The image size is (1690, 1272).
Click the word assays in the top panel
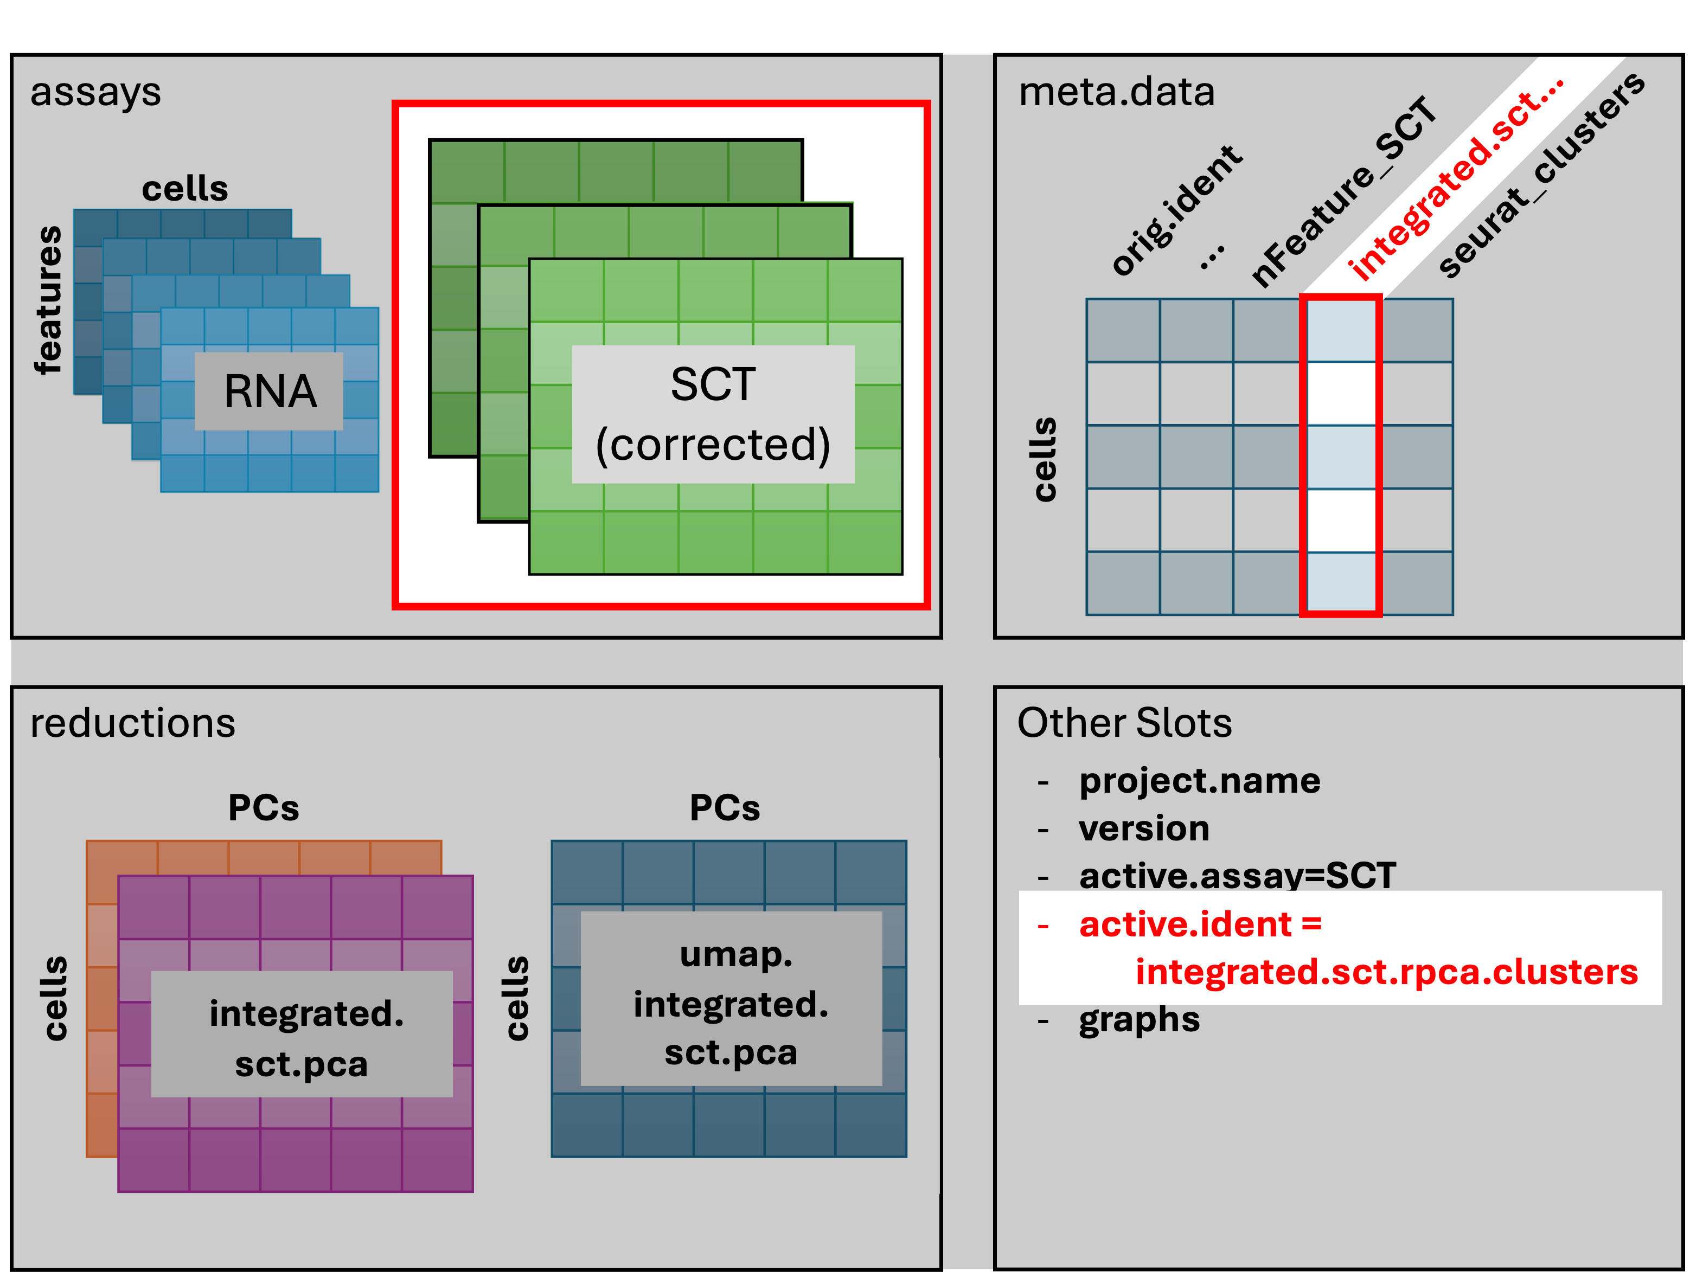[x=95, y=93]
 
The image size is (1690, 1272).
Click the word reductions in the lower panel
[x=133, y=723]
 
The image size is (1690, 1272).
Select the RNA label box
[x=269, y=391]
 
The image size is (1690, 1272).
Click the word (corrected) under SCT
[x=713, y=445]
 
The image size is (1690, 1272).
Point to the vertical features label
[x=49, y=299]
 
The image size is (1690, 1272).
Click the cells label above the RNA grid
[x=185, y=189]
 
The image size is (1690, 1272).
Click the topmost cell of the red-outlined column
[x=1341, y=330]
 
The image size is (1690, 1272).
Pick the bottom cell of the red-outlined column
[x=1341, y=582]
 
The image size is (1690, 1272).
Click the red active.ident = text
[x=1200, y=924]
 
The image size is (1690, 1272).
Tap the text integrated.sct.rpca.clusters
[x=1386, y=972]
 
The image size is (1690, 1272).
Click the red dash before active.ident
[x=1043, y=927]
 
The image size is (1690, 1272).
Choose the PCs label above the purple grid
[x=264, y=807]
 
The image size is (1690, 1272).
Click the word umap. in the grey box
[x=736, y=955]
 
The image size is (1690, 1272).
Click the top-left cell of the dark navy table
[x=1122, y=330]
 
